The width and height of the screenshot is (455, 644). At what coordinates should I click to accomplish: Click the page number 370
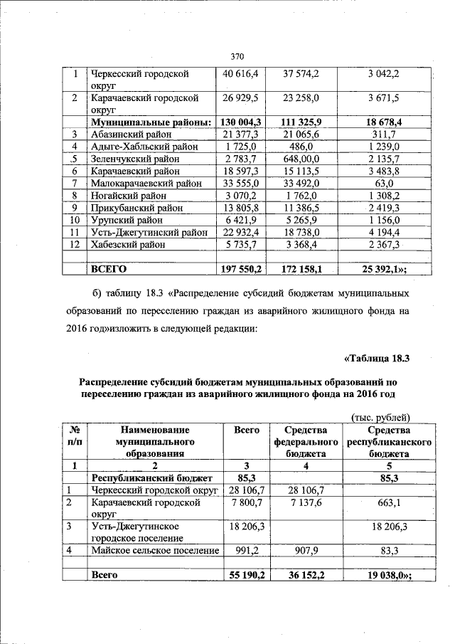[237, 56]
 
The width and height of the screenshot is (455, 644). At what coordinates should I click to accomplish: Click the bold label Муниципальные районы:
[148, 122]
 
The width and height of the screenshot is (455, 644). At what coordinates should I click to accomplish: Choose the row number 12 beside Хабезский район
[74, 244]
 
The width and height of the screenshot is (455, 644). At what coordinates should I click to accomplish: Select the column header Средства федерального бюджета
[306, 441]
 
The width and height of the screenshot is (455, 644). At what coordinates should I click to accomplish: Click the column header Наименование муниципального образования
[154, 441]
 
